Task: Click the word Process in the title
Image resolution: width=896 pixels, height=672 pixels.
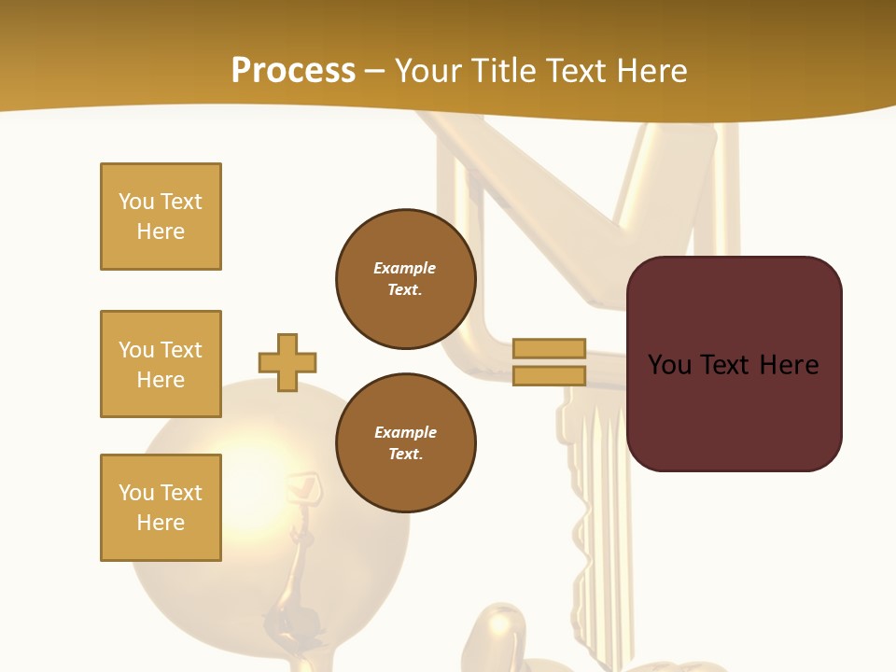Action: coord(293,71)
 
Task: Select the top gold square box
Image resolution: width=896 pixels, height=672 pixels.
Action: coord(161,217)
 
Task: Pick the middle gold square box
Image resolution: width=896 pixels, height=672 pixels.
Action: coord(161,364)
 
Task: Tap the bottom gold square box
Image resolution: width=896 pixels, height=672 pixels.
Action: coord(161,508)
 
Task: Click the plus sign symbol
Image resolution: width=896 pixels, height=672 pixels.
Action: coord(287,362)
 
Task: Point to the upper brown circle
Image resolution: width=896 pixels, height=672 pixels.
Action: coord(405,279)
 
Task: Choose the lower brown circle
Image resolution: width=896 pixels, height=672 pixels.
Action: coord(405,443)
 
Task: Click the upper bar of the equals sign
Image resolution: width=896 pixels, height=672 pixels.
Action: coord(549,348)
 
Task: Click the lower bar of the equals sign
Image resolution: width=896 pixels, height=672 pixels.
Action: coord(549,375)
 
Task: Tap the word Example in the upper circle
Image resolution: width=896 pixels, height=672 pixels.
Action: coord(404,268)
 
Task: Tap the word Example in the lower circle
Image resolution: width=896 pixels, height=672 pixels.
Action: coord(405,432)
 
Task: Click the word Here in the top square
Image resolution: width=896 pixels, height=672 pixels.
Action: coord(161,231)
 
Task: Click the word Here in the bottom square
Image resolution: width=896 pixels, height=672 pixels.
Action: coord(161,523)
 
